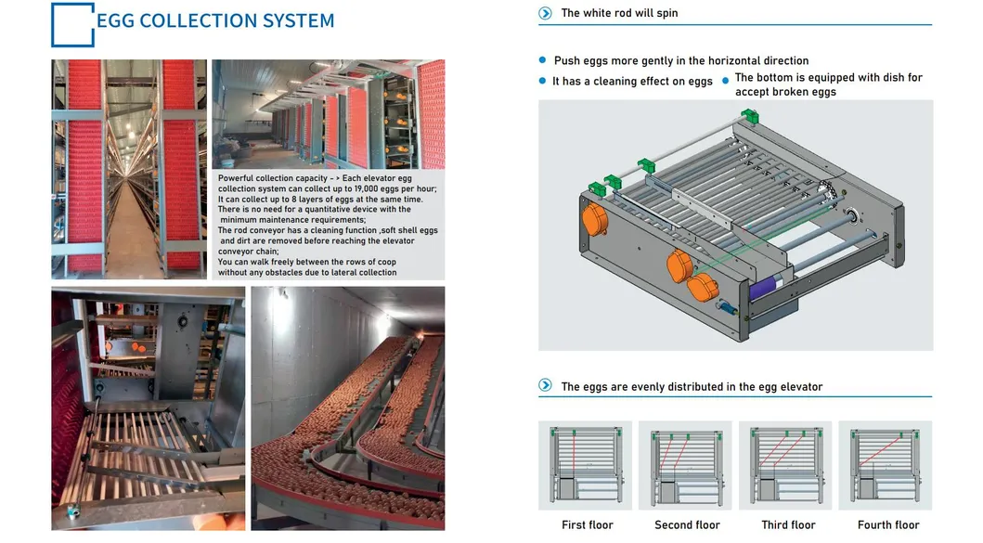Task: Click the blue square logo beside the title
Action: [72, 24]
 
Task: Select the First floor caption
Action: [588, 524]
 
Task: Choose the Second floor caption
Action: [687, 524]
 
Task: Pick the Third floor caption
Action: [788, 524]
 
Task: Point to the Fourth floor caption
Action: [888, 524]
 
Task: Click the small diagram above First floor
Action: [586, 465]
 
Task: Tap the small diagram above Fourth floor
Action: [886, 465]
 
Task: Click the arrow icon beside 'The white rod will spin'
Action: [546, 13]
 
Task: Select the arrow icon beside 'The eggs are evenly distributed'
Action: [546, 385]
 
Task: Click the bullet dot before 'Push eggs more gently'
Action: [542, 60]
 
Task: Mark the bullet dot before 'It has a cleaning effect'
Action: [542, 81]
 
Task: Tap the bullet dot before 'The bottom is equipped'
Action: [725, 80]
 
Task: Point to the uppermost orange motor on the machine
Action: [594, 219]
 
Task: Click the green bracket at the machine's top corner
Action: [750, 116]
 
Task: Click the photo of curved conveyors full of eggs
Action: [348, 408]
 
